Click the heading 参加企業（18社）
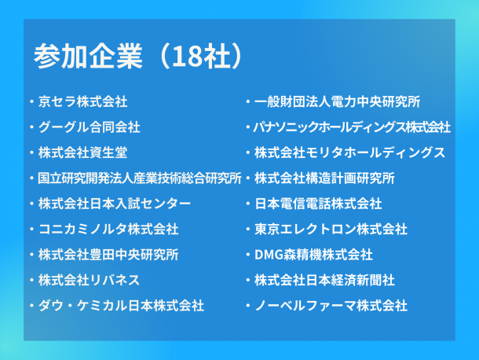[138, 56]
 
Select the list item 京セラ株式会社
[82, 102]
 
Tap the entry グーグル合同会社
[90, 127]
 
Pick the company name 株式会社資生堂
[82, 152]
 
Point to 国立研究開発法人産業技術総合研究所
[140, 178]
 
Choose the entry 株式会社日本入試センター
[115, 204]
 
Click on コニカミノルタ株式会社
[108, 229]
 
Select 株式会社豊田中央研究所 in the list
[108, 255]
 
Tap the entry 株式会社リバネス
[89, 280]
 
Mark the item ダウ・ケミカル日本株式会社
[121, 306]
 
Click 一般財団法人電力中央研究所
[337, 102]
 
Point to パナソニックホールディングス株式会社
[352, 127]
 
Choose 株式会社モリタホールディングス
[349, 152]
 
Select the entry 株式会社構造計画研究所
[324, 178]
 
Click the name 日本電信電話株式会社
[318, 204]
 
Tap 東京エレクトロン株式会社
[331, 229]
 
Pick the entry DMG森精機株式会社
[313, 255]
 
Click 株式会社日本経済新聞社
[324, 280]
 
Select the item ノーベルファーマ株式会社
[331, 306]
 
